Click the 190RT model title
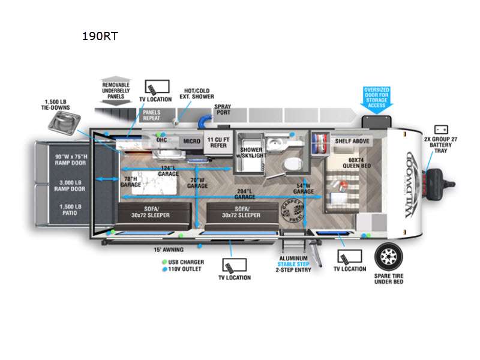pyautogui.click(x=100, y=36)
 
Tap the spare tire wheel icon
pyautogui.click(x=389, y=257)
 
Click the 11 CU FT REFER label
pyautogui.click(x=217, y=143)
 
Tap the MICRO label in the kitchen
pyautogui.click(x=191, y=142)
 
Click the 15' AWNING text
pyautogui.click(x=168, y=249)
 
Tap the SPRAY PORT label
pyautogui.click(x=223, y=111)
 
